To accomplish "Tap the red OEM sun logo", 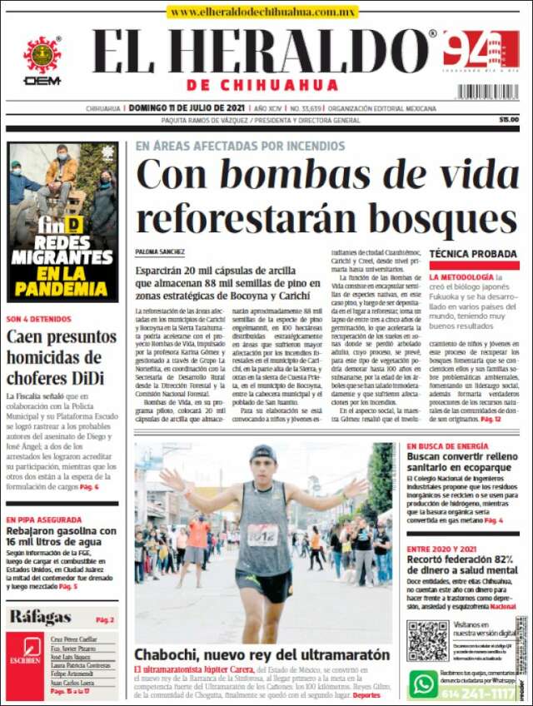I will (42, 56).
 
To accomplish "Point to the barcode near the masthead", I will (487, 92).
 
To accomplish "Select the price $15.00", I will (509, 119).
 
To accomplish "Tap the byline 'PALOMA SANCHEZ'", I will (160, 251).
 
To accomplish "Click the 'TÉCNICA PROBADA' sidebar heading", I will (473, 253).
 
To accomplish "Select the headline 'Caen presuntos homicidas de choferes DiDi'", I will (61, 357).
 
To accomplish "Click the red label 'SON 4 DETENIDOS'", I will (38, 319).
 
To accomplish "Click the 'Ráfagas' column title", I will (40, 617).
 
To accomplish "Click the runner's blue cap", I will (262, 454).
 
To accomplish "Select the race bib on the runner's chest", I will (263, 535).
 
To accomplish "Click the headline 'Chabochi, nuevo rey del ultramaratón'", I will (262, 654).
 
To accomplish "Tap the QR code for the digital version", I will (427, 639).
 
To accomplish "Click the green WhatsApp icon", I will (424, 684).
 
